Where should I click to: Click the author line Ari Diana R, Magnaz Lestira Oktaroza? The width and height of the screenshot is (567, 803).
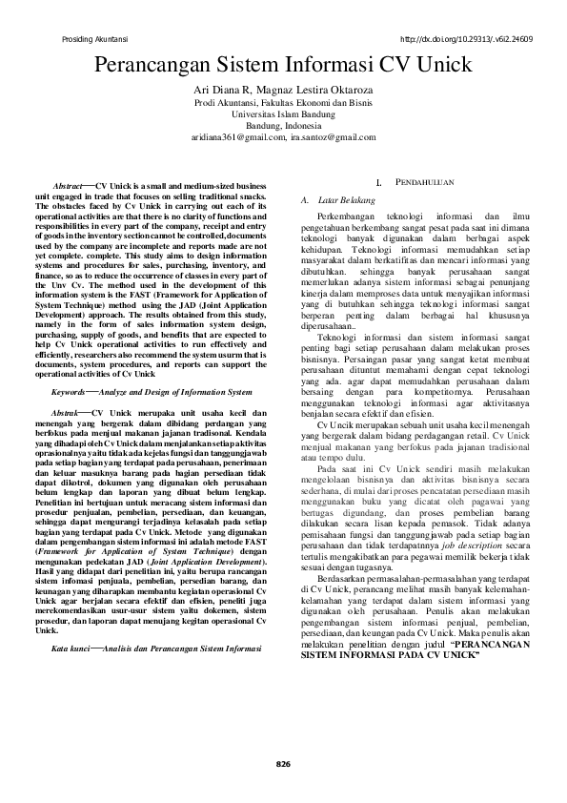[283, 90]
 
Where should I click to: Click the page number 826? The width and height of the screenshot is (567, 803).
[283, 763]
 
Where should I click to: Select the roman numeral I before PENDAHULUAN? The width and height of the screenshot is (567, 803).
[379, 181]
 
